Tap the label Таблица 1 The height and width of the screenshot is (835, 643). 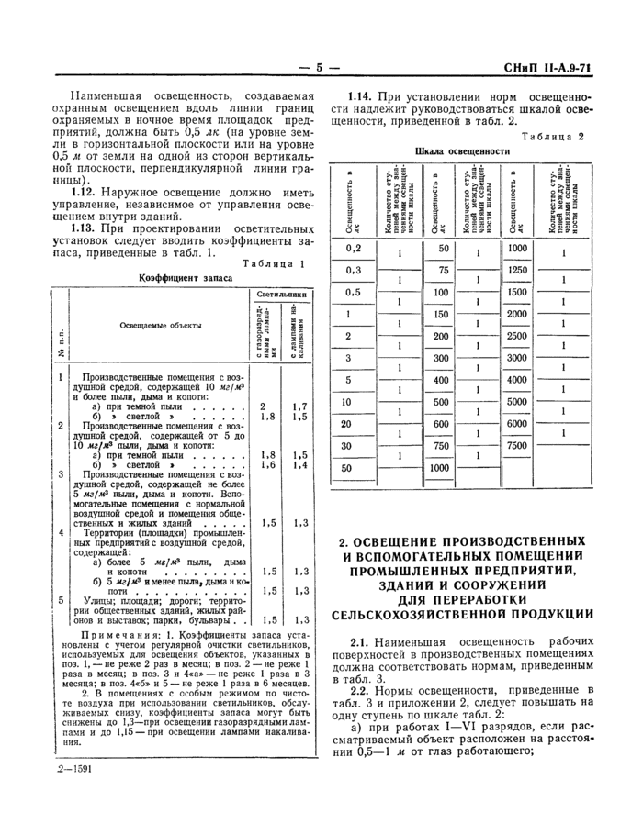click(274, 263)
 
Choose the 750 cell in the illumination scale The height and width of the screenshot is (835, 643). click(442, 445)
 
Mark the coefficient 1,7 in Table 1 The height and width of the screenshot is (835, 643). click(299, 406)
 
